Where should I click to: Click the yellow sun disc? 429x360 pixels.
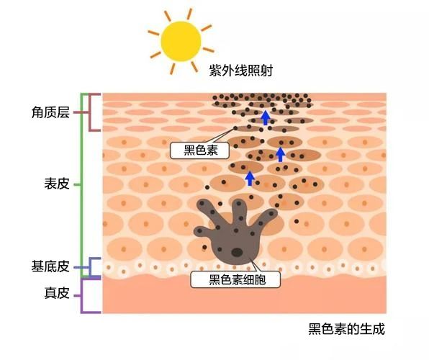pyautogui.click(x=181, y=41)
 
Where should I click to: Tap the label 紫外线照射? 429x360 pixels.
pyautogui.click(x=240, y=71)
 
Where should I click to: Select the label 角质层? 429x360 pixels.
pyautogui.click(x=50, y=112)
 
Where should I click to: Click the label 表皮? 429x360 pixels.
pyautogui.click(x=57, y=184)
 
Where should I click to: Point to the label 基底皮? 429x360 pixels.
pyautogui.click(x=50, y=266)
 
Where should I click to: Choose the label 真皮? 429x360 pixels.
pyautogui.click(x=57, y=293)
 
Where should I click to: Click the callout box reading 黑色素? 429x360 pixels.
pyautogui.click(x=199, y=150)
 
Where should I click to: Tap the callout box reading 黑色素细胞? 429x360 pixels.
pyautogui.click(x=235, y=279)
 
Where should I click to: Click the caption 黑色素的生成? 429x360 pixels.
pyautogui.click(x=347, y=329)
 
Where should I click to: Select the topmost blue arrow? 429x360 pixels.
pyautogui.click(x=265, y=117)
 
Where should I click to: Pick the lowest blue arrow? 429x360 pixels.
pyautogui.click(x=250, y=179)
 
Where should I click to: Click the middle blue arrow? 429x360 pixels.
pyautogui.click(x=280, y=155)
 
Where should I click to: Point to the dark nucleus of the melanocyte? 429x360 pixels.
pyautogui.click(x=237, y=252)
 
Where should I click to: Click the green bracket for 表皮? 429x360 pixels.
pyautogui.click(x=82, y=185)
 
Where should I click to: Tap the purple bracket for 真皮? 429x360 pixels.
pyautogui.click(x=82, y=296)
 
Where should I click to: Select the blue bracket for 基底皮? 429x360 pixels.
pyautogui.click(x=90, y=267)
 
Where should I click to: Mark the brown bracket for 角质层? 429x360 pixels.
pyautogui.click(x=90, y=112)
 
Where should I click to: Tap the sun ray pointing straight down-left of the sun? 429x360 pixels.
pyautogui.click(x=155, y=55)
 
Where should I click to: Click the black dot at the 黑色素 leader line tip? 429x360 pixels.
pyautogui.click(x=235, y=128)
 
